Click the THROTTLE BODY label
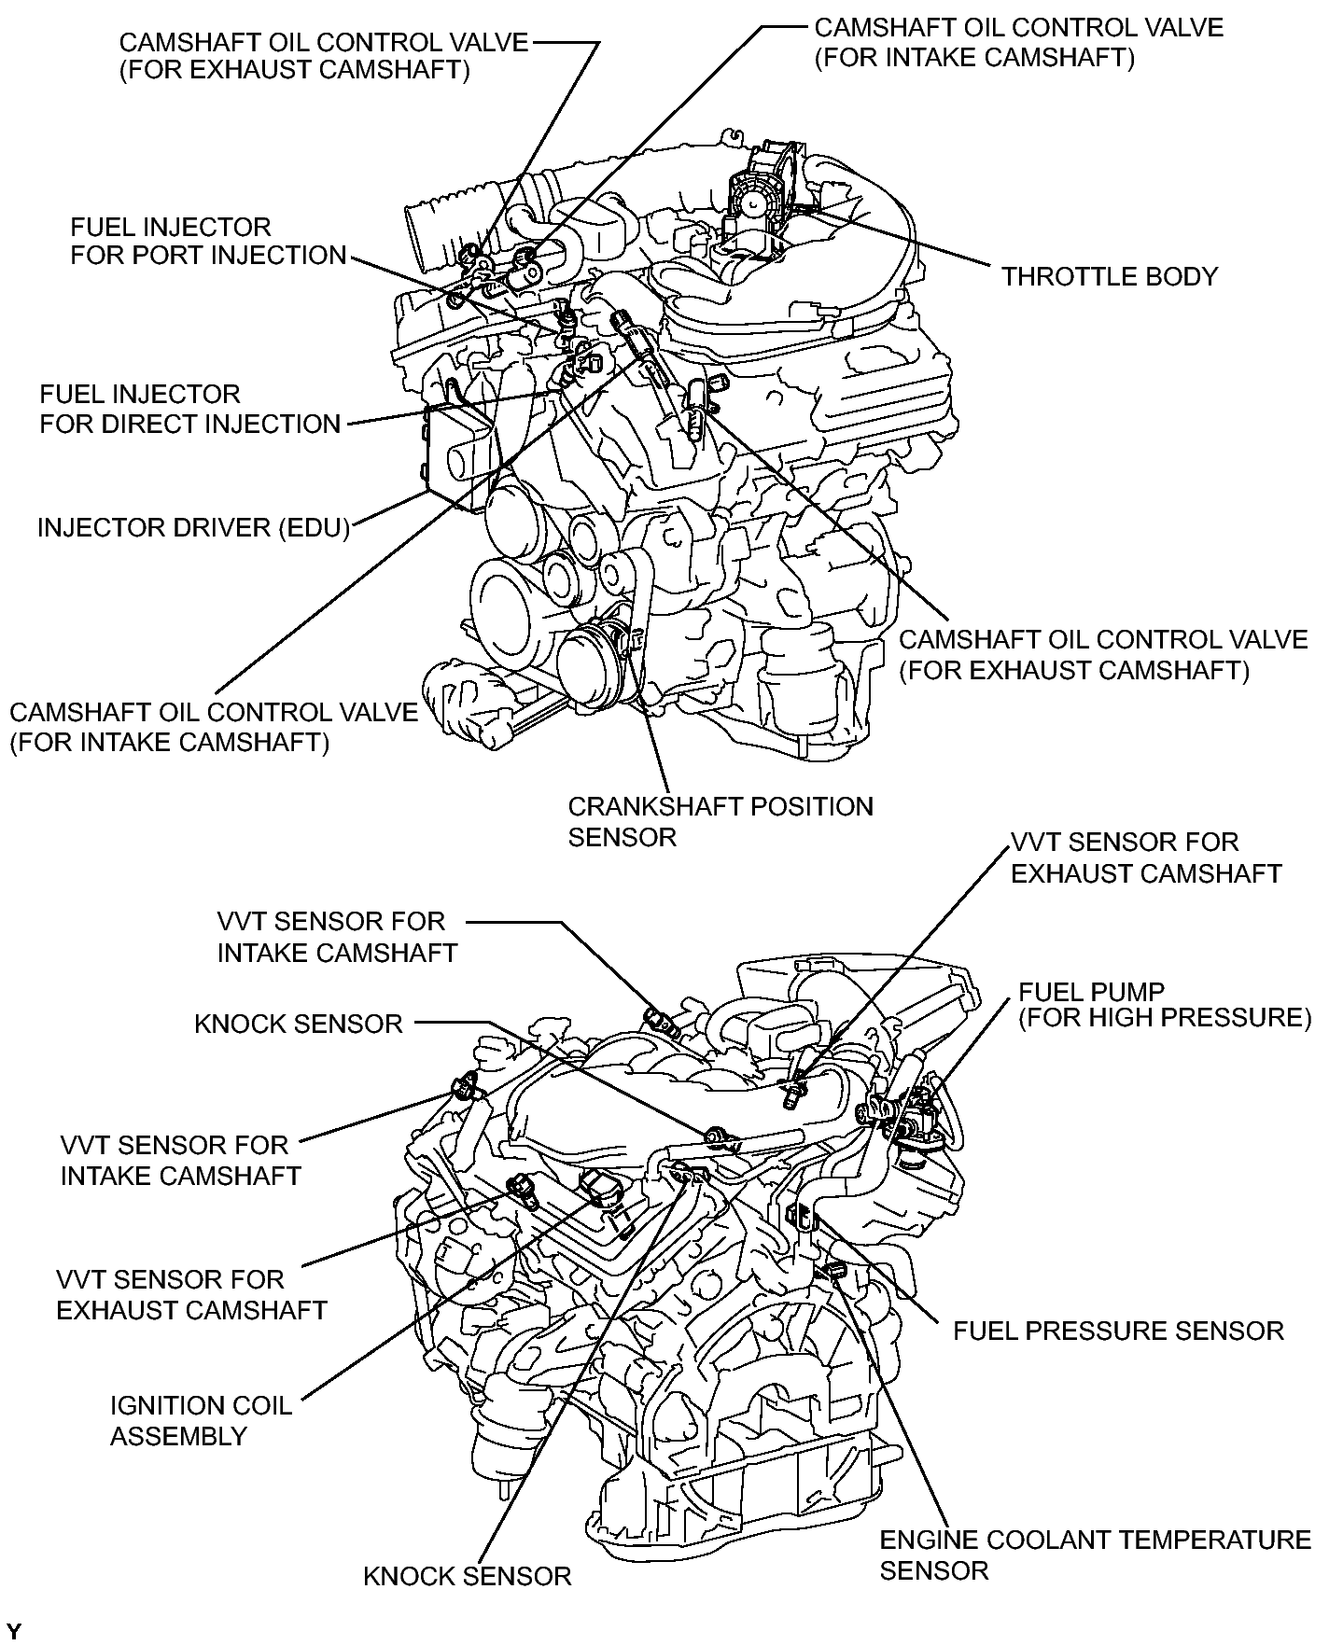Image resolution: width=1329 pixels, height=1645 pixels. point(1109,277)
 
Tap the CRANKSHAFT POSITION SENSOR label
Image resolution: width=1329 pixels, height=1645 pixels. point(720,822)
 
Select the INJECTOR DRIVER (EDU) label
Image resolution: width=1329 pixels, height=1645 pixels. point(193,528)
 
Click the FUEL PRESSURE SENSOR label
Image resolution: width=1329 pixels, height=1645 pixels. point(1117,1331)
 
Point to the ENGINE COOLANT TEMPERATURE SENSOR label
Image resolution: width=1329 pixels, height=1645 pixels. point(1095,1554)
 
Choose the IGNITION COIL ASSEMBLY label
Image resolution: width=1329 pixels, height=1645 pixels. point(201,1420)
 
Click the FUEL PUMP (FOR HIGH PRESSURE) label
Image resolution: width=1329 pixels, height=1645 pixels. point(1164,1005)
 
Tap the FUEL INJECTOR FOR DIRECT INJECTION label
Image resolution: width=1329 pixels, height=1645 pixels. point(189,409)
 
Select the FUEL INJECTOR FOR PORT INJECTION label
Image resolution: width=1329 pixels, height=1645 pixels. point(207,241)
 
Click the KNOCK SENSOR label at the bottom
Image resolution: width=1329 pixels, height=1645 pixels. point(467,1577)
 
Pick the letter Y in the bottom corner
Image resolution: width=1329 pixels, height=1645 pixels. point(12,1631)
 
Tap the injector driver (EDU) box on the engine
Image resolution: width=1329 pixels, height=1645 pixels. point(456,457)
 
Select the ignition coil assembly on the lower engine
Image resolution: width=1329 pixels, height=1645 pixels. point(598,1186)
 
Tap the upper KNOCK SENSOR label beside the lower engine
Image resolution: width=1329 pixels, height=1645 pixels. point(298,1024)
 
